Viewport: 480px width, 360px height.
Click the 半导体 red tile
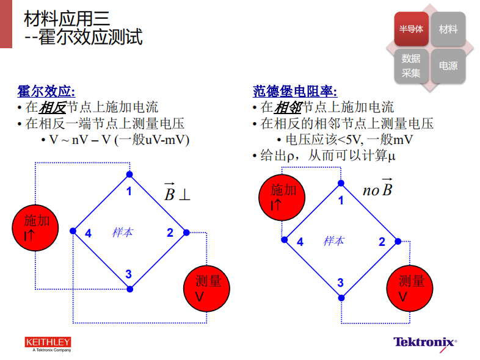click(411, 29)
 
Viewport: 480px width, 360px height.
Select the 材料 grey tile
click(448, 29)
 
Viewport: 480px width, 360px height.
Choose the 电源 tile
click(448, 65)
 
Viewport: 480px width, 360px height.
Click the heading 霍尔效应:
click(46, 92)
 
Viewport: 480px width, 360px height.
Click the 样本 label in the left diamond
click(122, 232)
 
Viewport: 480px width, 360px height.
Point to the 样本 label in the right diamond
click(333, 241)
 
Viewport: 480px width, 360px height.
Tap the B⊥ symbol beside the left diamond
click(176, 192)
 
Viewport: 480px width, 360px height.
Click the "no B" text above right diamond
click(377, 189)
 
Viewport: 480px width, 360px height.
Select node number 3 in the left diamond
click(128, 275)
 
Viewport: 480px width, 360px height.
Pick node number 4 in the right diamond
click(300, 242)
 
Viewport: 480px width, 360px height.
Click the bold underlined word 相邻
click(288, 107)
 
